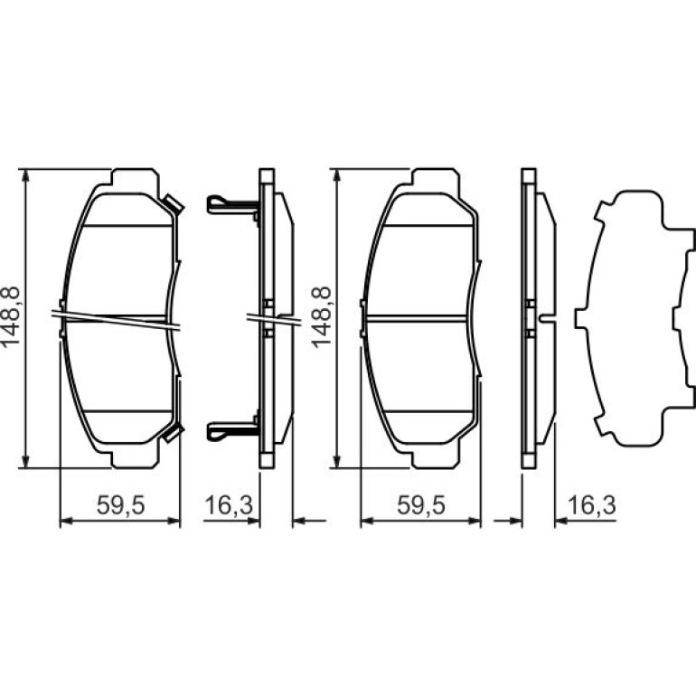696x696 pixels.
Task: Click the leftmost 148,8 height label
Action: coord(11,316)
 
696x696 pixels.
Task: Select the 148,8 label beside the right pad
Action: coord(321,316)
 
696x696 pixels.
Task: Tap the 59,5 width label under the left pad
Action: coord(121,505)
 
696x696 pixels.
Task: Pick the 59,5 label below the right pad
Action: coord(421,505)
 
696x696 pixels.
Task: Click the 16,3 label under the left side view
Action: coord(229,505)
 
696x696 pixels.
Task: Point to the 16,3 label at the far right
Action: coord(592,505)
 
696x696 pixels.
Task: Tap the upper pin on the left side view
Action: coord(232,205)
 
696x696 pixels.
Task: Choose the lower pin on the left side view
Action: coord(232,430)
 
